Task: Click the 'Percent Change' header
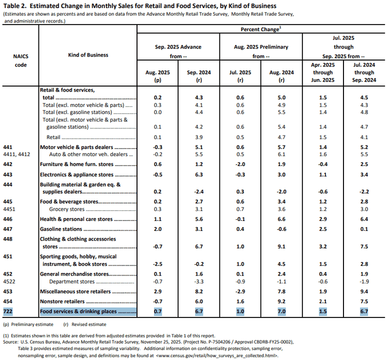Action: click(x=260, y=29)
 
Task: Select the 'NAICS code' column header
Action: click(x=20, y=60)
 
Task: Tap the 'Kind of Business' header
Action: click(x=88, y=55)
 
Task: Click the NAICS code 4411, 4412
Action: click(x=16, y=154)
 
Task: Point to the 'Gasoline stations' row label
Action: click(x=61, y=229)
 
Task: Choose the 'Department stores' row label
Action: click(x=72, y=281)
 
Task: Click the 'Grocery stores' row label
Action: click(x=66, y=209)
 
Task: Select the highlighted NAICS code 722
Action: click(x=7, y=311)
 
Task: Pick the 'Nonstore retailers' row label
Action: click(x=62, y=301)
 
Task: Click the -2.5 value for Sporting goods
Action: click(x=157, y=264)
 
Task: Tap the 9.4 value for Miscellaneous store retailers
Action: click(x=364, y=291)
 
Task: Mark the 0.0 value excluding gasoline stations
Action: click(x=157, y=112)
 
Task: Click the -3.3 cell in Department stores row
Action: click(x=199, y=281)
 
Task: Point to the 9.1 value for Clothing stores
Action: click(x=281, y=246)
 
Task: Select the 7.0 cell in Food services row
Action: click(x=281, y=311)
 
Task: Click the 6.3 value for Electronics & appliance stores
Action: click(x=199, y=174)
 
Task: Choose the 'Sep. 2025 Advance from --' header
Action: click(x=178, y=51)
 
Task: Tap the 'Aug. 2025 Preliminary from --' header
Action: click(x=261, y=51)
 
